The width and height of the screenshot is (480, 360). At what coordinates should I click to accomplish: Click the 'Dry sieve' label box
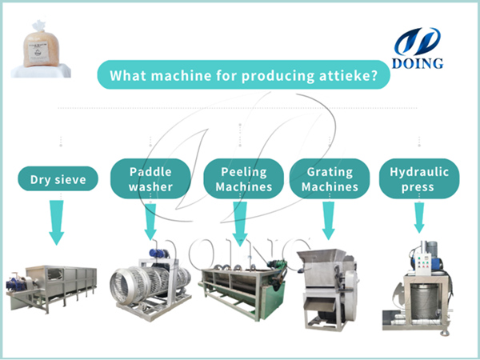pos(58,180)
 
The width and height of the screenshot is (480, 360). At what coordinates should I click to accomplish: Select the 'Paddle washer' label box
pos(150,179)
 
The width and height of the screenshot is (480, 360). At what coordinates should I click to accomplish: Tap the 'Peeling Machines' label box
pos(238,179)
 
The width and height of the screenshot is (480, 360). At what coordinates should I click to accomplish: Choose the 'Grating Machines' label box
pos(328,179)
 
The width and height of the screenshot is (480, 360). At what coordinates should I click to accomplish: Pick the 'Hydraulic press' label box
pos(418,179)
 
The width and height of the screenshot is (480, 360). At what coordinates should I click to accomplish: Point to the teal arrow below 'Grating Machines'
pos(328,220)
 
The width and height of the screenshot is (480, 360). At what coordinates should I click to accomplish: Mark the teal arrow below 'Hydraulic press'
pos(418,217)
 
